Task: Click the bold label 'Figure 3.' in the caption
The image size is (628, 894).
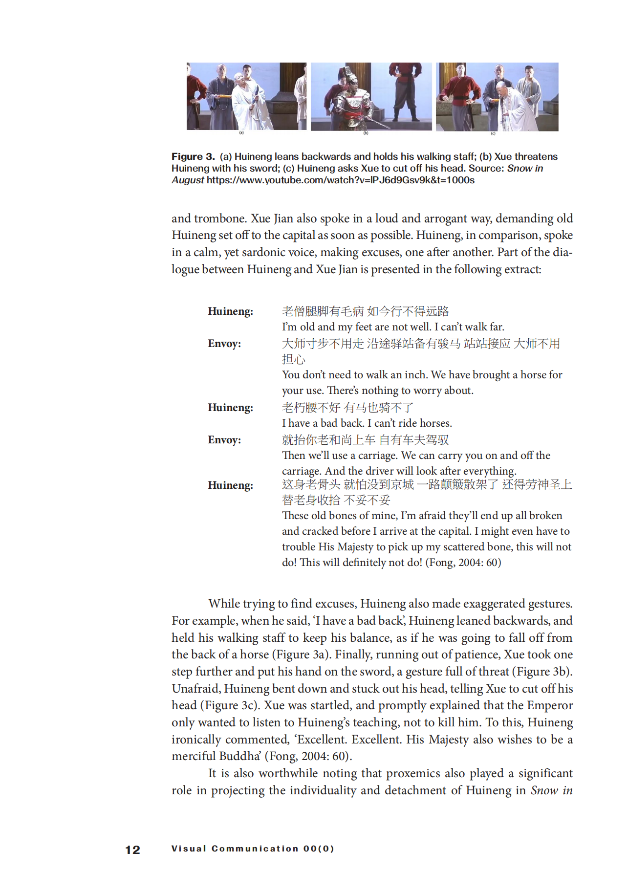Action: tap(193, 156)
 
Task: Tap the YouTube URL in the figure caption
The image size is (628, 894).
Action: tap(340, 180)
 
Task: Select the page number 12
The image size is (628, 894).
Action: tap(132, 850)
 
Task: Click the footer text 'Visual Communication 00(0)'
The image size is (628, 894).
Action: tap(253, 849)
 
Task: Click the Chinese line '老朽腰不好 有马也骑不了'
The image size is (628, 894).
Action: tap(347, 408)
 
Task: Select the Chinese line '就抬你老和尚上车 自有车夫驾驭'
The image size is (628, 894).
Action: tap(365, 440)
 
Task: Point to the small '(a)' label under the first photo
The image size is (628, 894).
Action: tap(241, 133)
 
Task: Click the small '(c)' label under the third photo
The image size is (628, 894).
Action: tap(493, 133)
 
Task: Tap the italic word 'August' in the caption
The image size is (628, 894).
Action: tap(188, 180)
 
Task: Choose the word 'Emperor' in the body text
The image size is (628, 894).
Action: tap(548, 705)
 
